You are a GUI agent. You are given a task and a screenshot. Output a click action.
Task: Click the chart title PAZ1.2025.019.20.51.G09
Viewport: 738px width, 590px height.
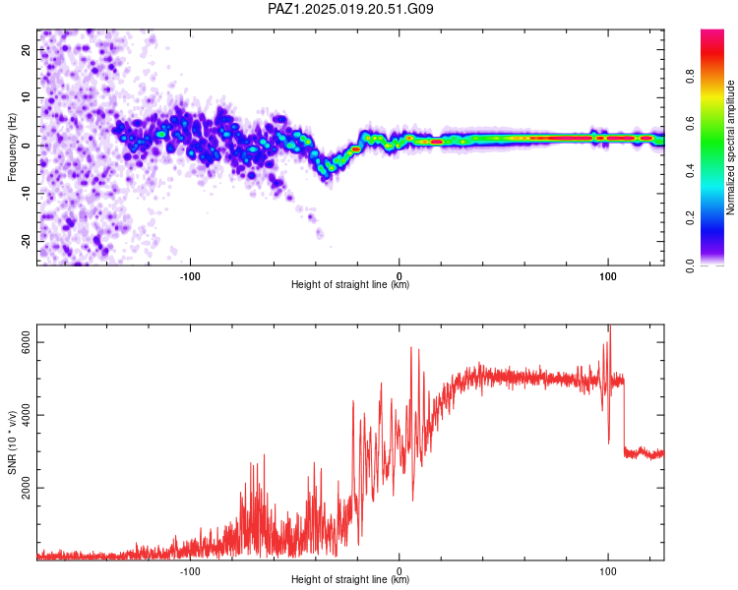click(350, 9)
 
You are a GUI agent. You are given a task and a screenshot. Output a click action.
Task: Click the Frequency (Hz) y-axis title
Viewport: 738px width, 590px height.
click(12, 147)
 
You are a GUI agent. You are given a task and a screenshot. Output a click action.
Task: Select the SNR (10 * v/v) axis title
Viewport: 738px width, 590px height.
click(12, 442)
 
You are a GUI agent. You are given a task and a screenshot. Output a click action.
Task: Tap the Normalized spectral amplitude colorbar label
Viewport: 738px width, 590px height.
click(730, 147)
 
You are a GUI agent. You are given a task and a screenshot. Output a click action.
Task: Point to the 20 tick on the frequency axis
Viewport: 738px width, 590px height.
click(27, 49)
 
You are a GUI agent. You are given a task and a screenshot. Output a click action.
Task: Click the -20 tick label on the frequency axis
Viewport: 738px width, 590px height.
click(27, 241)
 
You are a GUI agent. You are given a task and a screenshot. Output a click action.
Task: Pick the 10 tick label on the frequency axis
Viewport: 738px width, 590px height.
click(27, 97)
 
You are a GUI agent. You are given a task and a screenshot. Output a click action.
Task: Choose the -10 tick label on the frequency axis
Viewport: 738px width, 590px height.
click(27, 194)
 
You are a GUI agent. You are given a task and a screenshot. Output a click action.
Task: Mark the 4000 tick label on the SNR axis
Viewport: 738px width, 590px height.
click(27, 415)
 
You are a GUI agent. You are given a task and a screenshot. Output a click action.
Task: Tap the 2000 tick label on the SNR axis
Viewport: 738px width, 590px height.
click(27, 488)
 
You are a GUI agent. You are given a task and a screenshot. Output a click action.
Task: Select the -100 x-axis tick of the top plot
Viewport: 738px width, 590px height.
click(190, 276)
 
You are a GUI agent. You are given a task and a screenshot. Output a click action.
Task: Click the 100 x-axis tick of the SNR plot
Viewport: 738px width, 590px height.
click(608, 571)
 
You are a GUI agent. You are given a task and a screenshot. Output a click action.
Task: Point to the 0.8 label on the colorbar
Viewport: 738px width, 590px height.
click(690, 76)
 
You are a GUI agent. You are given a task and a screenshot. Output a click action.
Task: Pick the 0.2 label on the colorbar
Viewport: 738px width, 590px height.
click(690, 218)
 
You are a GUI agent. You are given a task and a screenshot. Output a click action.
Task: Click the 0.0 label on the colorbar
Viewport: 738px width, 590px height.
click(690, 265)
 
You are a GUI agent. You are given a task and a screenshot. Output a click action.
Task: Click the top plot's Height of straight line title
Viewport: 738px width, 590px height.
click(350, 284)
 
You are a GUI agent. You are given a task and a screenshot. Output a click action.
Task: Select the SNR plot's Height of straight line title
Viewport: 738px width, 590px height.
click(350, 579)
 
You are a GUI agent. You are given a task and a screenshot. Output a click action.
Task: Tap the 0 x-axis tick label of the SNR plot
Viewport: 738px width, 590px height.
click(400, 571)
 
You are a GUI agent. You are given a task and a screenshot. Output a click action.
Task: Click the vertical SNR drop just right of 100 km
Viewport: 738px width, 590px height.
click(624, 416)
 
